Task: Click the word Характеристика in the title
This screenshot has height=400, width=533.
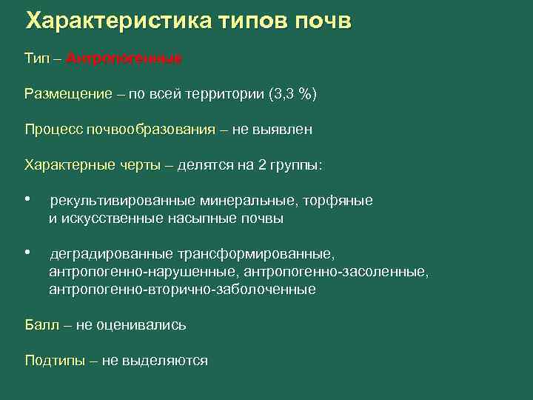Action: pos(119,21)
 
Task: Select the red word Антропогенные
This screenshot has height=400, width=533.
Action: pos(124,59)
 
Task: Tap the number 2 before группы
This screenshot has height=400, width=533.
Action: pos(262,165)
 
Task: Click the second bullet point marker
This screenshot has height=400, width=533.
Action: pos(27,254)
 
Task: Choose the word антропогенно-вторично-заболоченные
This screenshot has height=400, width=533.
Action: pos(182,290)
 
